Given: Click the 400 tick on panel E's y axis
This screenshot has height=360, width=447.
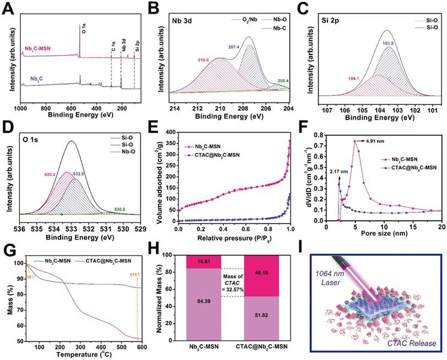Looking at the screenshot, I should pyautogui.click(x=168, y=133).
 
